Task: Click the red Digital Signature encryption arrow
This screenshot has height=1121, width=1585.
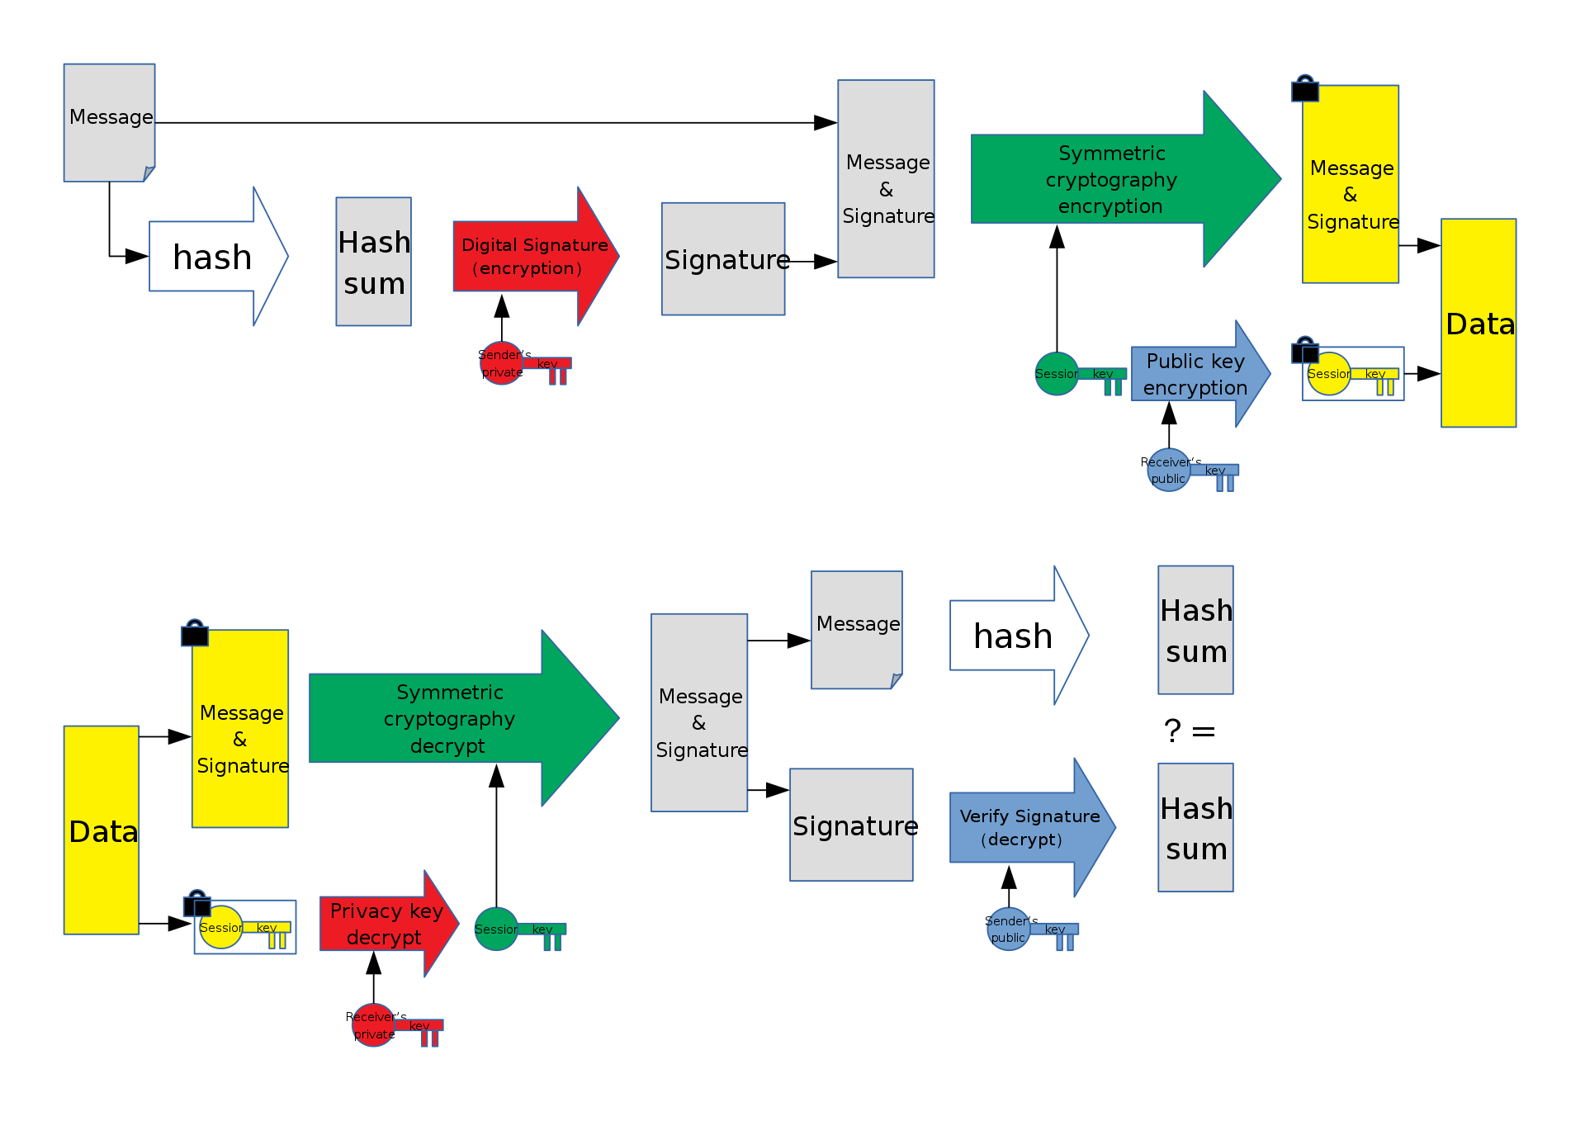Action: coord(535,256)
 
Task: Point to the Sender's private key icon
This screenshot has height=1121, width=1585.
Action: coord(524,364)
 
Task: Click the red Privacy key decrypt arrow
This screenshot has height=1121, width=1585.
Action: coord(388,924)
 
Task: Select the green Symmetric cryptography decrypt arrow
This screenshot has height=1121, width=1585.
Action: coord(463,718)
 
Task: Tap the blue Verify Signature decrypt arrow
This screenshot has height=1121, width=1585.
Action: coord(1032,828)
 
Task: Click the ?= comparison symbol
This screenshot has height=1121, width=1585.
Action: coord(1190,731)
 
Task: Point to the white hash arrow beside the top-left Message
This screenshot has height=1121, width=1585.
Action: coord(218,257)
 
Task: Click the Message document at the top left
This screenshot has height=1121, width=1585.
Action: coord(110,123)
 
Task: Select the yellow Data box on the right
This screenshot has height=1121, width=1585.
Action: coord(1479,323)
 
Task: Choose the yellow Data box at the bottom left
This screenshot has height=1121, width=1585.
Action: coord(102,830)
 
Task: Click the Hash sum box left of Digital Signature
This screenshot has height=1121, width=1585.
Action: coord(374,262)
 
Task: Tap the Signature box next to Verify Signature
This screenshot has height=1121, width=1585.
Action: coord(851,825)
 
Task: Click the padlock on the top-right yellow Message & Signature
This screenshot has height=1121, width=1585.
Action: coord(1305,89)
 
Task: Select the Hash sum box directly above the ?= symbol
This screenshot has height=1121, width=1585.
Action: coord(1195,630)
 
